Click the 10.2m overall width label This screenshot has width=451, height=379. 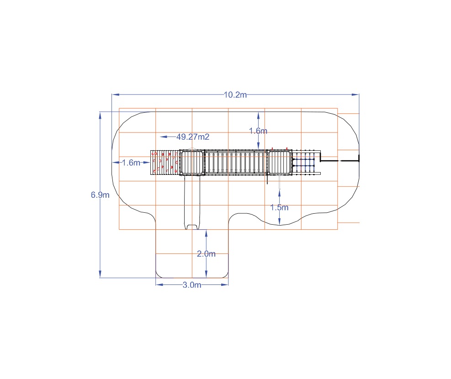[235, 95]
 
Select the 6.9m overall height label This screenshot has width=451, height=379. [100, 195]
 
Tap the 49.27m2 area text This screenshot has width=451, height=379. [193, 137]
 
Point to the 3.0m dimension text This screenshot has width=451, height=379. [192, 285]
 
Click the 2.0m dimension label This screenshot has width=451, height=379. [206, 254]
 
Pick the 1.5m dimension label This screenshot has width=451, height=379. [279, 207]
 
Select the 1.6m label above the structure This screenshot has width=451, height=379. [258, 131]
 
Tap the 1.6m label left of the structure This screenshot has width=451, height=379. [131, 163]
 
